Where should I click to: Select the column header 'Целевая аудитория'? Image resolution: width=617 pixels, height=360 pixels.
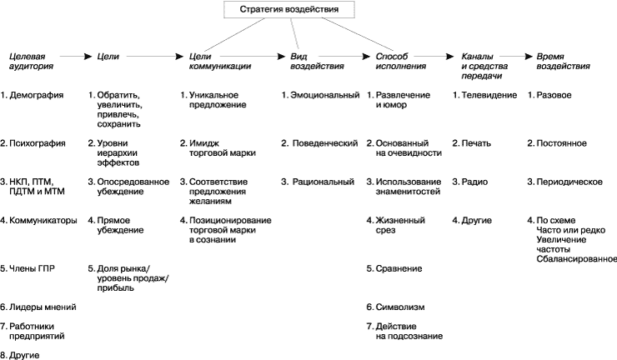pos(31,60)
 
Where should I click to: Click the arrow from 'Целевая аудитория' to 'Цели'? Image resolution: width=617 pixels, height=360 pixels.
pos(78,56)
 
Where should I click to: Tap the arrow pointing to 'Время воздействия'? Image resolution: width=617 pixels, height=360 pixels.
pos(516,56)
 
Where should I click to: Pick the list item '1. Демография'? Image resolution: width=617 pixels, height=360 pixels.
pos(33,95)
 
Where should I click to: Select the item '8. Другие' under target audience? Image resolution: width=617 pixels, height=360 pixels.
pos(23,354)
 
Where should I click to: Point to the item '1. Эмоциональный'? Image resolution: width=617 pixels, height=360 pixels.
pos(320,95)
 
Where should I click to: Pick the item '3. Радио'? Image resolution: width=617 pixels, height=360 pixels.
pos(470,182)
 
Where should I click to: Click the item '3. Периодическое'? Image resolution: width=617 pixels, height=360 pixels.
pos(564,182)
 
